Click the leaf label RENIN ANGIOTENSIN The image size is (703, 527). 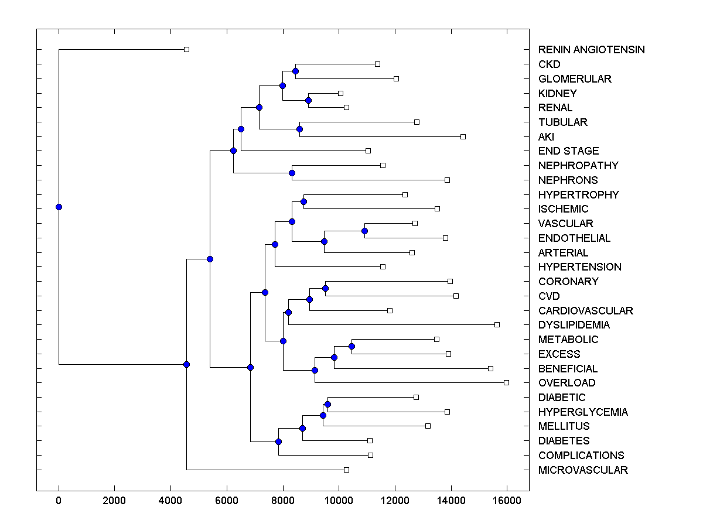[591, 50]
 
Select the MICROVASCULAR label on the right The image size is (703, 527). [583, 470]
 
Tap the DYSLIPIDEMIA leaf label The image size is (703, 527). [574, 325]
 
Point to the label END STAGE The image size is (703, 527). [568, 151]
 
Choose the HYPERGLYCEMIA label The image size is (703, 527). [583, 412]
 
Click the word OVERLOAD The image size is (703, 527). [567, 383]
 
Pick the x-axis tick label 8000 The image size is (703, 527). [283, 500]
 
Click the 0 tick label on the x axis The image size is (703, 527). [59, 500]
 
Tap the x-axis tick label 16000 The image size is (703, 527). [507, 500]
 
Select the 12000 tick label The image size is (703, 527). [395, 500]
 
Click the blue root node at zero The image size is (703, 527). [59, 207]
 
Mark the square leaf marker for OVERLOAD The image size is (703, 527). [507, 382]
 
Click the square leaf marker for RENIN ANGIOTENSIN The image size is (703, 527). [186, 49]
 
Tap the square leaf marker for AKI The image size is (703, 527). [463, 136]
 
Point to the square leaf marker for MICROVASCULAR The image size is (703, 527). [346, 470]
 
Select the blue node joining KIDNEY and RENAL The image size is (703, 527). [308, 100]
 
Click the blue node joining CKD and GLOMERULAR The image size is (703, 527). [295, 71]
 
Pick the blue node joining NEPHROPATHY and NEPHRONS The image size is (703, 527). [292, 173]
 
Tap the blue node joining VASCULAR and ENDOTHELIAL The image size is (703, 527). [364, 231]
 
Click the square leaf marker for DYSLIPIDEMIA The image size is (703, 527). [497, 324]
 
